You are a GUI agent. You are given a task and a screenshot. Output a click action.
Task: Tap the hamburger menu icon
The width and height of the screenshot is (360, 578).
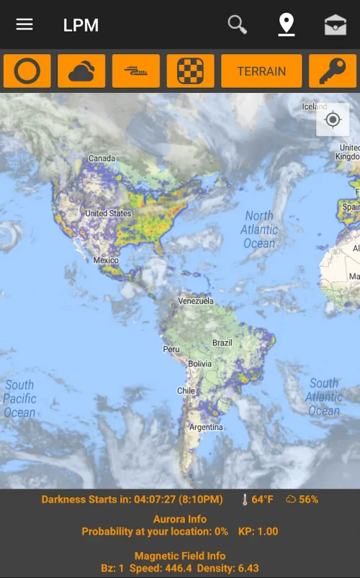point(24,24)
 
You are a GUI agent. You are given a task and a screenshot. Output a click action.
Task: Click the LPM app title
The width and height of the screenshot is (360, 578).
point(81,25)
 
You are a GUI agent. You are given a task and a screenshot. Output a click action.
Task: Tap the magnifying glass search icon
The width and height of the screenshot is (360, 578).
point(238,24)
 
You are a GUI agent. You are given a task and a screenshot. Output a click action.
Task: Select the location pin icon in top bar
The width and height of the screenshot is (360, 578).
point(287,24)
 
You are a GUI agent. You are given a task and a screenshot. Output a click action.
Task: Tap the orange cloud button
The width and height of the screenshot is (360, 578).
point(81,71)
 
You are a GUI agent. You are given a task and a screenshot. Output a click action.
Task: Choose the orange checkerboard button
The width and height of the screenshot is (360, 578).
point(190,71)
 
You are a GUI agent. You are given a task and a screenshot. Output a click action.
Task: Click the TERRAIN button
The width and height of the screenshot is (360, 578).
point(261,71)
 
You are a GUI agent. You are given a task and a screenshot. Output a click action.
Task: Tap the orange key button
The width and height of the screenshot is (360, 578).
point(332,71)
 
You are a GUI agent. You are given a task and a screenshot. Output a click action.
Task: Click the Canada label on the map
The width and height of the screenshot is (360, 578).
point(102,158)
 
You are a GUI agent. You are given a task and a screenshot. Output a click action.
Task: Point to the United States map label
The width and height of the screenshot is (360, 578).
point(108,213)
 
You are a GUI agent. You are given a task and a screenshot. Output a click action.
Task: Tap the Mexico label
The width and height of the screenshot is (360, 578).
point(106,260)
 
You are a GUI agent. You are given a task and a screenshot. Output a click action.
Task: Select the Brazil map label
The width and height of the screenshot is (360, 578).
point(222,343)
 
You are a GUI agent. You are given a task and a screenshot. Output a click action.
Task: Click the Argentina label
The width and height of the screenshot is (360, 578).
point(206,427)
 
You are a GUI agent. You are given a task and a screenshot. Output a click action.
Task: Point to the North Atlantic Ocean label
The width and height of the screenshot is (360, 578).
point(259,229)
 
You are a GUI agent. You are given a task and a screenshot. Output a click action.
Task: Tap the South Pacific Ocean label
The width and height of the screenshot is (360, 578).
point(19,398)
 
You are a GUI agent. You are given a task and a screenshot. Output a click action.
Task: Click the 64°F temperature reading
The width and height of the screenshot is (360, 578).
point(258,499)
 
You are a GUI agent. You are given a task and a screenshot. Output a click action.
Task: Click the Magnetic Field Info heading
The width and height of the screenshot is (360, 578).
point(180,556)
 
